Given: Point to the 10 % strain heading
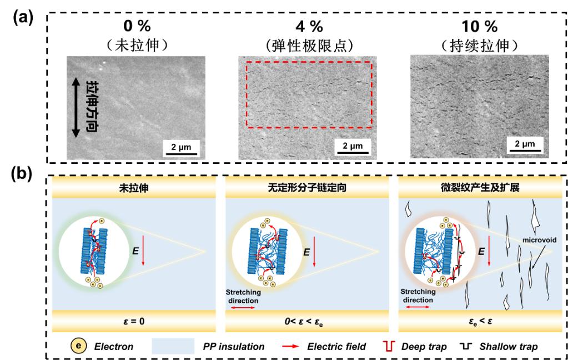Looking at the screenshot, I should (x=479, y=26).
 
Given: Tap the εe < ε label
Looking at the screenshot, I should (x=481, y=321).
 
